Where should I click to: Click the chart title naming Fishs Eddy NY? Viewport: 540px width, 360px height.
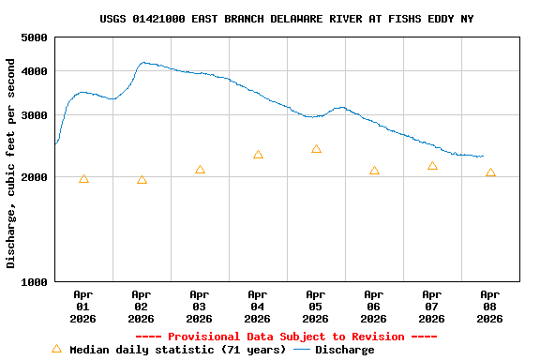tap(287, 19)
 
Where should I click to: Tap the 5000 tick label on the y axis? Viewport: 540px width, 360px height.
tap(34, 37)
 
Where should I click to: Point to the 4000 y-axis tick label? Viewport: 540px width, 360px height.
tap(34, 71)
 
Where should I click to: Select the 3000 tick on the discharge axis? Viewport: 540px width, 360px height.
tap(34, 115)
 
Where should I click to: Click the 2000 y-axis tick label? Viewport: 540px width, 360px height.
tap(34, 177)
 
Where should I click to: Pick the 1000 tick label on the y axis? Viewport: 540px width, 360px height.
tap(34, 281)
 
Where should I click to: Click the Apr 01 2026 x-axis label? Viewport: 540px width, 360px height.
tap(83, 307)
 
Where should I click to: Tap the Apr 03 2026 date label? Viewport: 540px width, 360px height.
tap(200, 307)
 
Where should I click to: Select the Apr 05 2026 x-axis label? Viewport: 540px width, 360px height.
tap(316, 307)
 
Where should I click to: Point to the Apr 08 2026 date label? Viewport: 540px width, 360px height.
tap(490, 307)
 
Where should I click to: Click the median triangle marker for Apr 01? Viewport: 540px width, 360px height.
tap(83, 179)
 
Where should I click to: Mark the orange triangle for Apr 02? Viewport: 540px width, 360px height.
tap(142, 180)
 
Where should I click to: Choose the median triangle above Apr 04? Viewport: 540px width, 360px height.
tap(258, 155)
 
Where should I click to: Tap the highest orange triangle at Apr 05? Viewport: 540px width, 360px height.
tap(316, 149)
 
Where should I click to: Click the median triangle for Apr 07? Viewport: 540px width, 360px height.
tap(432, 166)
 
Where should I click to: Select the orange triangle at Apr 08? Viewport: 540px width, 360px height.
tap(490, 172)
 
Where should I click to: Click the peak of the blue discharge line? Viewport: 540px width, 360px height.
tap(142, 63)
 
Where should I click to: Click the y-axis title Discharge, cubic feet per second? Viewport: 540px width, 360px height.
tap(11, 163)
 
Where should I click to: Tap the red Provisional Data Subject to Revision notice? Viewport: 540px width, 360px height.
tap(287, 337)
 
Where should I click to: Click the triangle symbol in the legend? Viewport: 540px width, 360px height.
tap(56, 349)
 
